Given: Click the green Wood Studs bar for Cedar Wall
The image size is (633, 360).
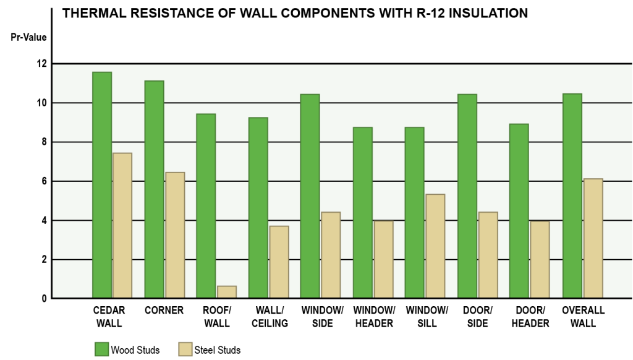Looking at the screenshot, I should pos(102,185).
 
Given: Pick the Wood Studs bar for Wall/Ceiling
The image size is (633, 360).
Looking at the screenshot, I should pos(258,208).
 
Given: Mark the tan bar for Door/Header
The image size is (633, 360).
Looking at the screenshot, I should pos(540,260).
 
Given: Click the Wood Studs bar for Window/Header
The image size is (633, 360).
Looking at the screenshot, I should pos(363,213).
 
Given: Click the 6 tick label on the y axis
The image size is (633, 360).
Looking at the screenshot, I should pos(44,181).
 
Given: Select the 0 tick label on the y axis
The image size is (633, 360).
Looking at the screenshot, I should pos(44,299).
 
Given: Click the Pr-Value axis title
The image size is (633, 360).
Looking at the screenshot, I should pos(28,37).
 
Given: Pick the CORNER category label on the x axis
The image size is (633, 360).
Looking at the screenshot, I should pos(164,311).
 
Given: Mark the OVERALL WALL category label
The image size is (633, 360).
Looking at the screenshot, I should pos(583,317).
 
